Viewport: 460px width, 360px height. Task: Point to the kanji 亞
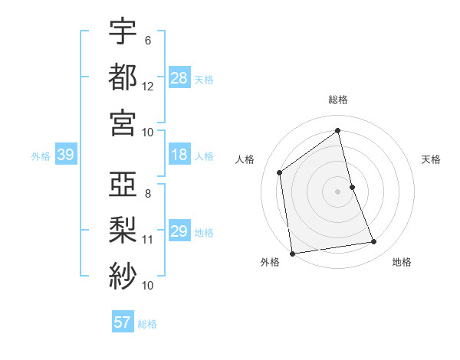tap(123, 185)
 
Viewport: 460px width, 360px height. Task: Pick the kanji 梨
tap(123, 230)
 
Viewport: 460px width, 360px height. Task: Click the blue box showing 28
tap(179, 78)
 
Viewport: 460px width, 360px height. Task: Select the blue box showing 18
tap(179, 155)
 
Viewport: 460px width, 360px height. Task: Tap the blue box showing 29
tap(179, 231)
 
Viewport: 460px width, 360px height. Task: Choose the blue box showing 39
tap(66, 155)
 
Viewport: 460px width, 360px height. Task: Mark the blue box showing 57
tap(123, 322)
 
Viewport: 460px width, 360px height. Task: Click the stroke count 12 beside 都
tap(148, 87)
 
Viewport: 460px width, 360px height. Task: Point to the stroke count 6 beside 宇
tap(147, 41)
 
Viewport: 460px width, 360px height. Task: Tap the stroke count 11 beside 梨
tap(148, 240)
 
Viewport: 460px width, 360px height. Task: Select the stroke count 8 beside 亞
tap(147, 194)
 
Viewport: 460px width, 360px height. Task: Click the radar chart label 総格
tap(338, 100)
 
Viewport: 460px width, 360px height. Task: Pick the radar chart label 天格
tap(432, 159)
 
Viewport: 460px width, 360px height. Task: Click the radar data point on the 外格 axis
tap(292, 253)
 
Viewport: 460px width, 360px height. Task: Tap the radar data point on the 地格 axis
tap(374, 242)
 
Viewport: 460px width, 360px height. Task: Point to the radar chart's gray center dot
tap(338, 191)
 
